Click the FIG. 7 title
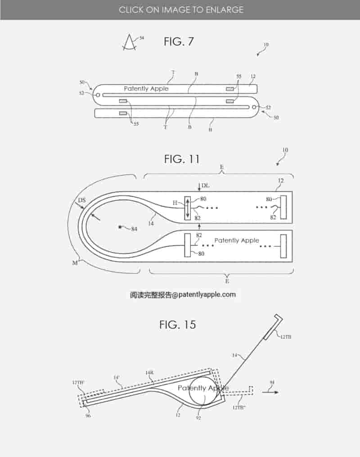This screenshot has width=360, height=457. pos(179,42)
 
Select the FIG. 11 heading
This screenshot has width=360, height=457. pos(181,159)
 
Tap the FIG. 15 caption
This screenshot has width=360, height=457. pos(178,324)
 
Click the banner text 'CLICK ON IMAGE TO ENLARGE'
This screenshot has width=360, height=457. pos(181,9)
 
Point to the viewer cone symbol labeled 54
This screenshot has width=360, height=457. pos(130,42)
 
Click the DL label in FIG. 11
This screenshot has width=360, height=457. pos(205,185)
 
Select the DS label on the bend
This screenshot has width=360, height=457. pos(82,199)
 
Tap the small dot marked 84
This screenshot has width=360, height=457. pos(120,227)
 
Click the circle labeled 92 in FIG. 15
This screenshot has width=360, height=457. pos(203,391)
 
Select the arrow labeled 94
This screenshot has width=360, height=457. pos(270,392)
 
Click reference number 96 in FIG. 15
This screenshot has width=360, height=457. pos(88,416)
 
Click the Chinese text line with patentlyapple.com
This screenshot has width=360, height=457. pos(183,295)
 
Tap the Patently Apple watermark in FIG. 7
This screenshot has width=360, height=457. pos(146,89)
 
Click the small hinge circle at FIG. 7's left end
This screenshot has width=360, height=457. pos(98,95)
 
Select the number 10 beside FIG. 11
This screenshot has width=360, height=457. pos(285,149)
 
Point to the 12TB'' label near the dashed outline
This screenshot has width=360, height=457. pos(239,407)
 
